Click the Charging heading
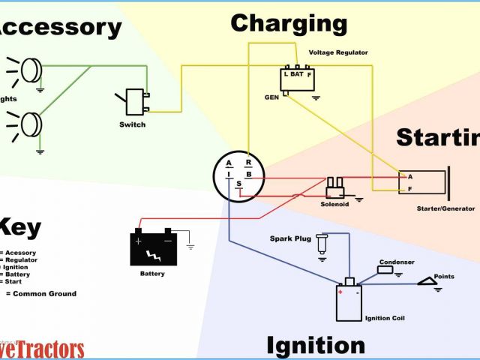point(289,23)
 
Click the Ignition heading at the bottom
point(316,345)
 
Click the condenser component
point(385,269)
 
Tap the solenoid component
point(334,186)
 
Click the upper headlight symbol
point(31,70)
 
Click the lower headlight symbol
point(31,122)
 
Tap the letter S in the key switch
point(239,184)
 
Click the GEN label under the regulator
point(271,97)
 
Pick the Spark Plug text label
point(289,238)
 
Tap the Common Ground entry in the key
point(46,293)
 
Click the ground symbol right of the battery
point(191,244)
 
